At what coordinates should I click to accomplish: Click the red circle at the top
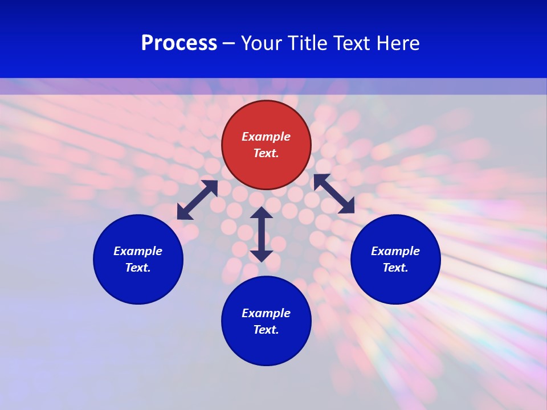coord(266,145)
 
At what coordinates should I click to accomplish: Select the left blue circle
coord(138,259)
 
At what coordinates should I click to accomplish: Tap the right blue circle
coord(395,259)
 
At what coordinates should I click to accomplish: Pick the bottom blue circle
coord(266,321)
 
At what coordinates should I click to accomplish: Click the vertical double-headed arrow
coord(262,234)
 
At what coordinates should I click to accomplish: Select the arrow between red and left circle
coord(197,200)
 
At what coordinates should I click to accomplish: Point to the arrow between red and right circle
coord(334,194)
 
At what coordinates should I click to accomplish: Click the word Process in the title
coord(179,43)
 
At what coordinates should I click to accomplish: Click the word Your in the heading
coord(260,43)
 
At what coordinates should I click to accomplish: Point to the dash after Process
coord(228,44)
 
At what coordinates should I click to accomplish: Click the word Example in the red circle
coord(266,137)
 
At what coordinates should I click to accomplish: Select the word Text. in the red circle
coord(266,153)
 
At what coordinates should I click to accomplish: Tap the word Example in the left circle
coord(138,251)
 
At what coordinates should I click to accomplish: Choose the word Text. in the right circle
coord(395,268)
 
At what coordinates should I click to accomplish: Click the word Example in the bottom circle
coord(266,313)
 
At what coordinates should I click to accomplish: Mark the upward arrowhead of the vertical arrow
coord(262,212)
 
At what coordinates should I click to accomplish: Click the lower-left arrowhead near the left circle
coord(184,212)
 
